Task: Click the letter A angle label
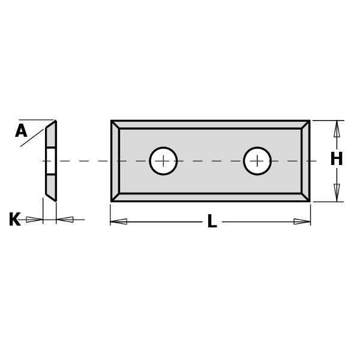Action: pos(21,131)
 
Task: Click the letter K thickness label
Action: pos(14,220)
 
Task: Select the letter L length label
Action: pos(212,222)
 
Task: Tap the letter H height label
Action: pos(336,160)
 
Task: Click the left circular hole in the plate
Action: pos(163,161)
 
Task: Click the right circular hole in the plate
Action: pos(257,161)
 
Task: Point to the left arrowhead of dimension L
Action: pos(119,221)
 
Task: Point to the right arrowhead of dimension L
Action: pos(302,221)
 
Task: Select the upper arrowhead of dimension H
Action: pos(337,128)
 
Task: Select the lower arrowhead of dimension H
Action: pos(337,193)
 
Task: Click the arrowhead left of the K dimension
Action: pos(34,220)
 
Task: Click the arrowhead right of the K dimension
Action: pos(65,220)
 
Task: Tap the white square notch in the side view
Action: pos(51,161)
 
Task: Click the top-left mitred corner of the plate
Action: pos(115,124)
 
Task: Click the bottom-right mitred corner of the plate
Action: pos(305,197)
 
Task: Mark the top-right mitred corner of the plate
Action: pos(305,124)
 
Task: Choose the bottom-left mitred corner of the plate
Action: pos(115,197)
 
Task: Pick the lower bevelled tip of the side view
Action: pos(52,196)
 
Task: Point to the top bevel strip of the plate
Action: pos(210,124)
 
